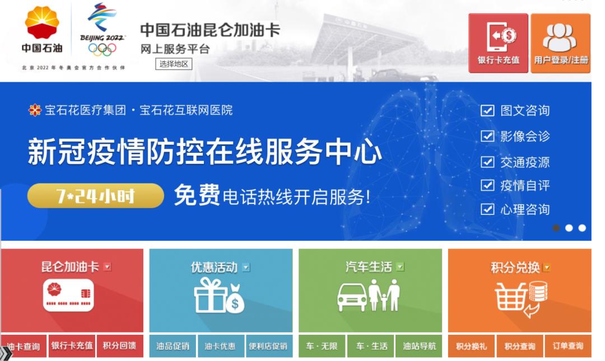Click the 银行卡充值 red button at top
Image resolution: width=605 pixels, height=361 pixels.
coord(498,43)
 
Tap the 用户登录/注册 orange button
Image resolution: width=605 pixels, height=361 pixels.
coord(561,43)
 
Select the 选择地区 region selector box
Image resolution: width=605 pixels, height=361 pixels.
coord(174,64)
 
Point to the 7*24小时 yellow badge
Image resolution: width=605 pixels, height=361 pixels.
coord(95,196)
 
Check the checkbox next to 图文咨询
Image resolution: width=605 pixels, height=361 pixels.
coord(487,110)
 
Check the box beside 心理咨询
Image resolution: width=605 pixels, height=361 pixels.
coord(487,209)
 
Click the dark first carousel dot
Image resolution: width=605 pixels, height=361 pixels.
coord(556,228)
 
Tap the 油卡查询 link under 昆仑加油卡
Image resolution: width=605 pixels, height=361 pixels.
coord(24,346)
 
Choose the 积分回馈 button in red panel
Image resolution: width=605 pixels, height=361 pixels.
coord(119,346)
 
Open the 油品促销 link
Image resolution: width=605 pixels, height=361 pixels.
coord(173,346)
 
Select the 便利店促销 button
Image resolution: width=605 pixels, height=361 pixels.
coord(268,346)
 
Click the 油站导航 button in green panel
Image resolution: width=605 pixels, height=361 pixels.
coord(418,346)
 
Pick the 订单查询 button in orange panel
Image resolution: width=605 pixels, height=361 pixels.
coord(567,346)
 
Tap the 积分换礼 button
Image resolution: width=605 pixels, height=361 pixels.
coord(471,346)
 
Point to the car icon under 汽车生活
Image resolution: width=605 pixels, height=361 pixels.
coord(351,297)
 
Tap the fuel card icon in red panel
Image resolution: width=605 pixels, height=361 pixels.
coord(68,295)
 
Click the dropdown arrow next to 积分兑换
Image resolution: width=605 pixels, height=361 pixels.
coord(547,268)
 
